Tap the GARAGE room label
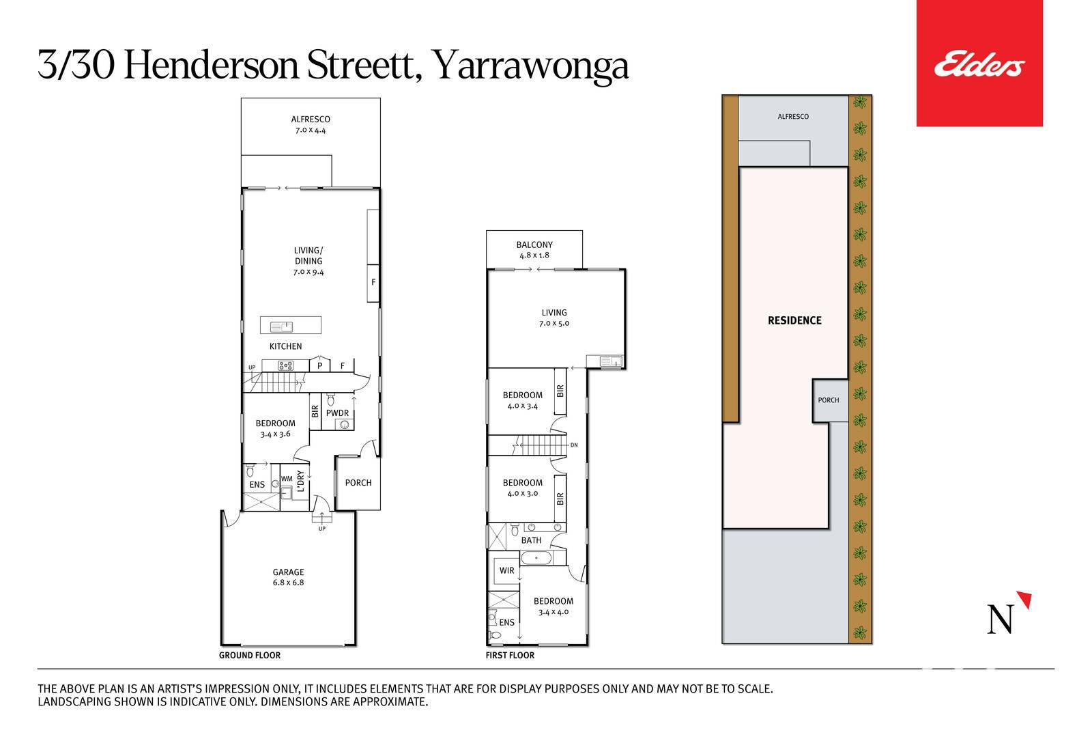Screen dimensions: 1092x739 click(288, 572)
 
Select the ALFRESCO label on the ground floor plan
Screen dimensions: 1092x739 click(311, 119)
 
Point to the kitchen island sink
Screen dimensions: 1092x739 click(281, 326)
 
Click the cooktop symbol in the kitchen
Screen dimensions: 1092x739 click(286, 365)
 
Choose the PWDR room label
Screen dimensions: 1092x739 click(337, 413)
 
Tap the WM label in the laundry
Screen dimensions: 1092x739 click(287, 479)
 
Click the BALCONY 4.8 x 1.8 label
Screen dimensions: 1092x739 click(534, 250)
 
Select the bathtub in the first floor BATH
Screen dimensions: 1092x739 click(536, 557)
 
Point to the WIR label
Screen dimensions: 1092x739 click(506, 570)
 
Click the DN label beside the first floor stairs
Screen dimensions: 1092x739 click(574, 445)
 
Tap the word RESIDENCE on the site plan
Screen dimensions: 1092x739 click(794, 320)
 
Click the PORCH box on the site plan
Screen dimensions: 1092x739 click(830, 400)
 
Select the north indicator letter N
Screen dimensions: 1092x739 click(1001, 619)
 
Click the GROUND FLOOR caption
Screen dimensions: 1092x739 click(250, 655)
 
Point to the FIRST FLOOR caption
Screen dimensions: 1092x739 click(510, 655)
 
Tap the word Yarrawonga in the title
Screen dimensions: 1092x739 click(530, 67)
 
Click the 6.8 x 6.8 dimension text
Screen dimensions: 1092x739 click(288, 583)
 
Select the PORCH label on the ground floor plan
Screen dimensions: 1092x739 click(358, 482)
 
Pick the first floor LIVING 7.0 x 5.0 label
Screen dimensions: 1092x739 click(554, 318)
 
